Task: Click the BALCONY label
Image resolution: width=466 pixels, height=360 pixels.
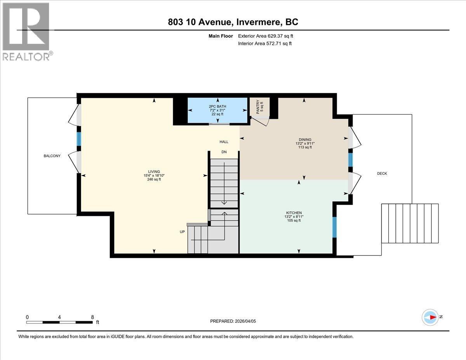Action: pyautogui.click(x=52, y=156)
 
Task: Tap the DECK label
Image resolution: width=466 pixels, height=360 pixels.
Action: pyautogui.click(x=382, y=174)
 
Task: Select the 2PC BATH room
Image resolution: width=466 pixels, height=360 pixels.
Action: pyautogui.click(x=217, y=110)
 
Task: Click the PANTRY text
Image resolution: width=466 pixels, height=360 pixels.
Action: pyautogui.click(x=259, y=107)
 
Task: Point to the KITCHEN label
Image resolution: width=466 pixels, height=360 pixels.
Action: pyautogui.click(x=294, y=213)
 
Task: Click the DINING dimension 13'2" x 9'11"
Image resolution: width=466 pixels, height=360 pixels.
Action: pyautogui.click(x=305, y=143)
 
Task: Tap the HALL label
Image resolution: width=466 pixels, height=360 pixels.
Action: pyautogui.click(x=224, y=142)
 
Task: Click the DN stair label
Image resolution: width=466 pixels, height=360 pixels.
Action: pyautogui.click(x=224, y=152)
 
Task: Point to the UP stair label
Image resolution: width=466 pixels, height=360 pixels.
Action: pyautogui.click(x=182, y=231)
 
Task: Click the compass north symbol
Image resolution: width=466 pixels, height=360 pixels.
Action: pyautogui.click(x=430, y=317)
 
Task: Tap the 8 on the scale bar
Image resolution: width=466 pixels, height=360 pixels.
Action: pyautogui.click(x=92, y=317)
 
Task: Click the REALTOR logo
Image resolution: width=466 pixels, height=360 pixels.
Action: pyautogui.click(x=26, y=31)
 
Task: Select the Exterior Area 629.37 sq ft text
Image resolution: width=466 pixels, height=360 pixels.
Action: pyautogui.click(x=265, y=36)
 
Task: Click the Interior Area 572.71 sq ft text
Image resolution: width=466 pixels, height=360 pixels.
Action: pyautogui.click(x=264, y=43)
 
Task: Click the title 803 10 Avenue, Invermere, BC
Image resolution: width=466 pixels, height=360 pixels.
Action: pyautogui.click(x=233, y=22)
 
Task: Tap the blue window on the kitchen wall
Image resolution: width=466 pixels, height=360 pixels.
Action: pyautogui.click(x=334, y=227)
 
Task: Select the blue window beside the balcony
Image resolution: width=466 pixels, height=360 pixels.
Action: pyautogui.click(x=78, y=139)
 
